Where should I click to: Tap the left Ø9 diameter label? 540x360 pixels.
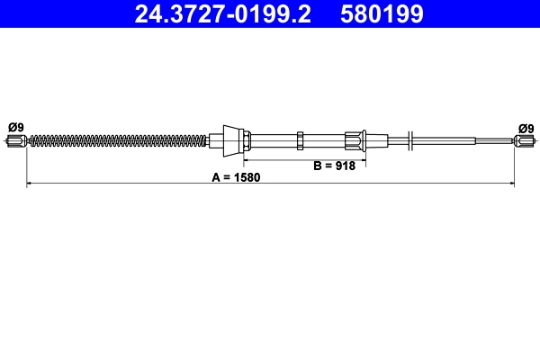(15, 127)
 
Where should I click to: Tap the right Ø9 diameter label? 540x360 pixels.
(525, 127)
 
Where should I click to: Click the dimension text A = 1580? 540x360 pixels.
(236, 177)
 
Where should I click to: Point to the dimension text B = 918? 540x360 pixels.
(334, 166)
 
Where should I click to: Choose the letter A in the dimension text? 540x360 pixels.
(216, 177)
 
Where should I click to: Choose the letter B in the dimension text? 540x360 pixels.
(317, 166)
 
